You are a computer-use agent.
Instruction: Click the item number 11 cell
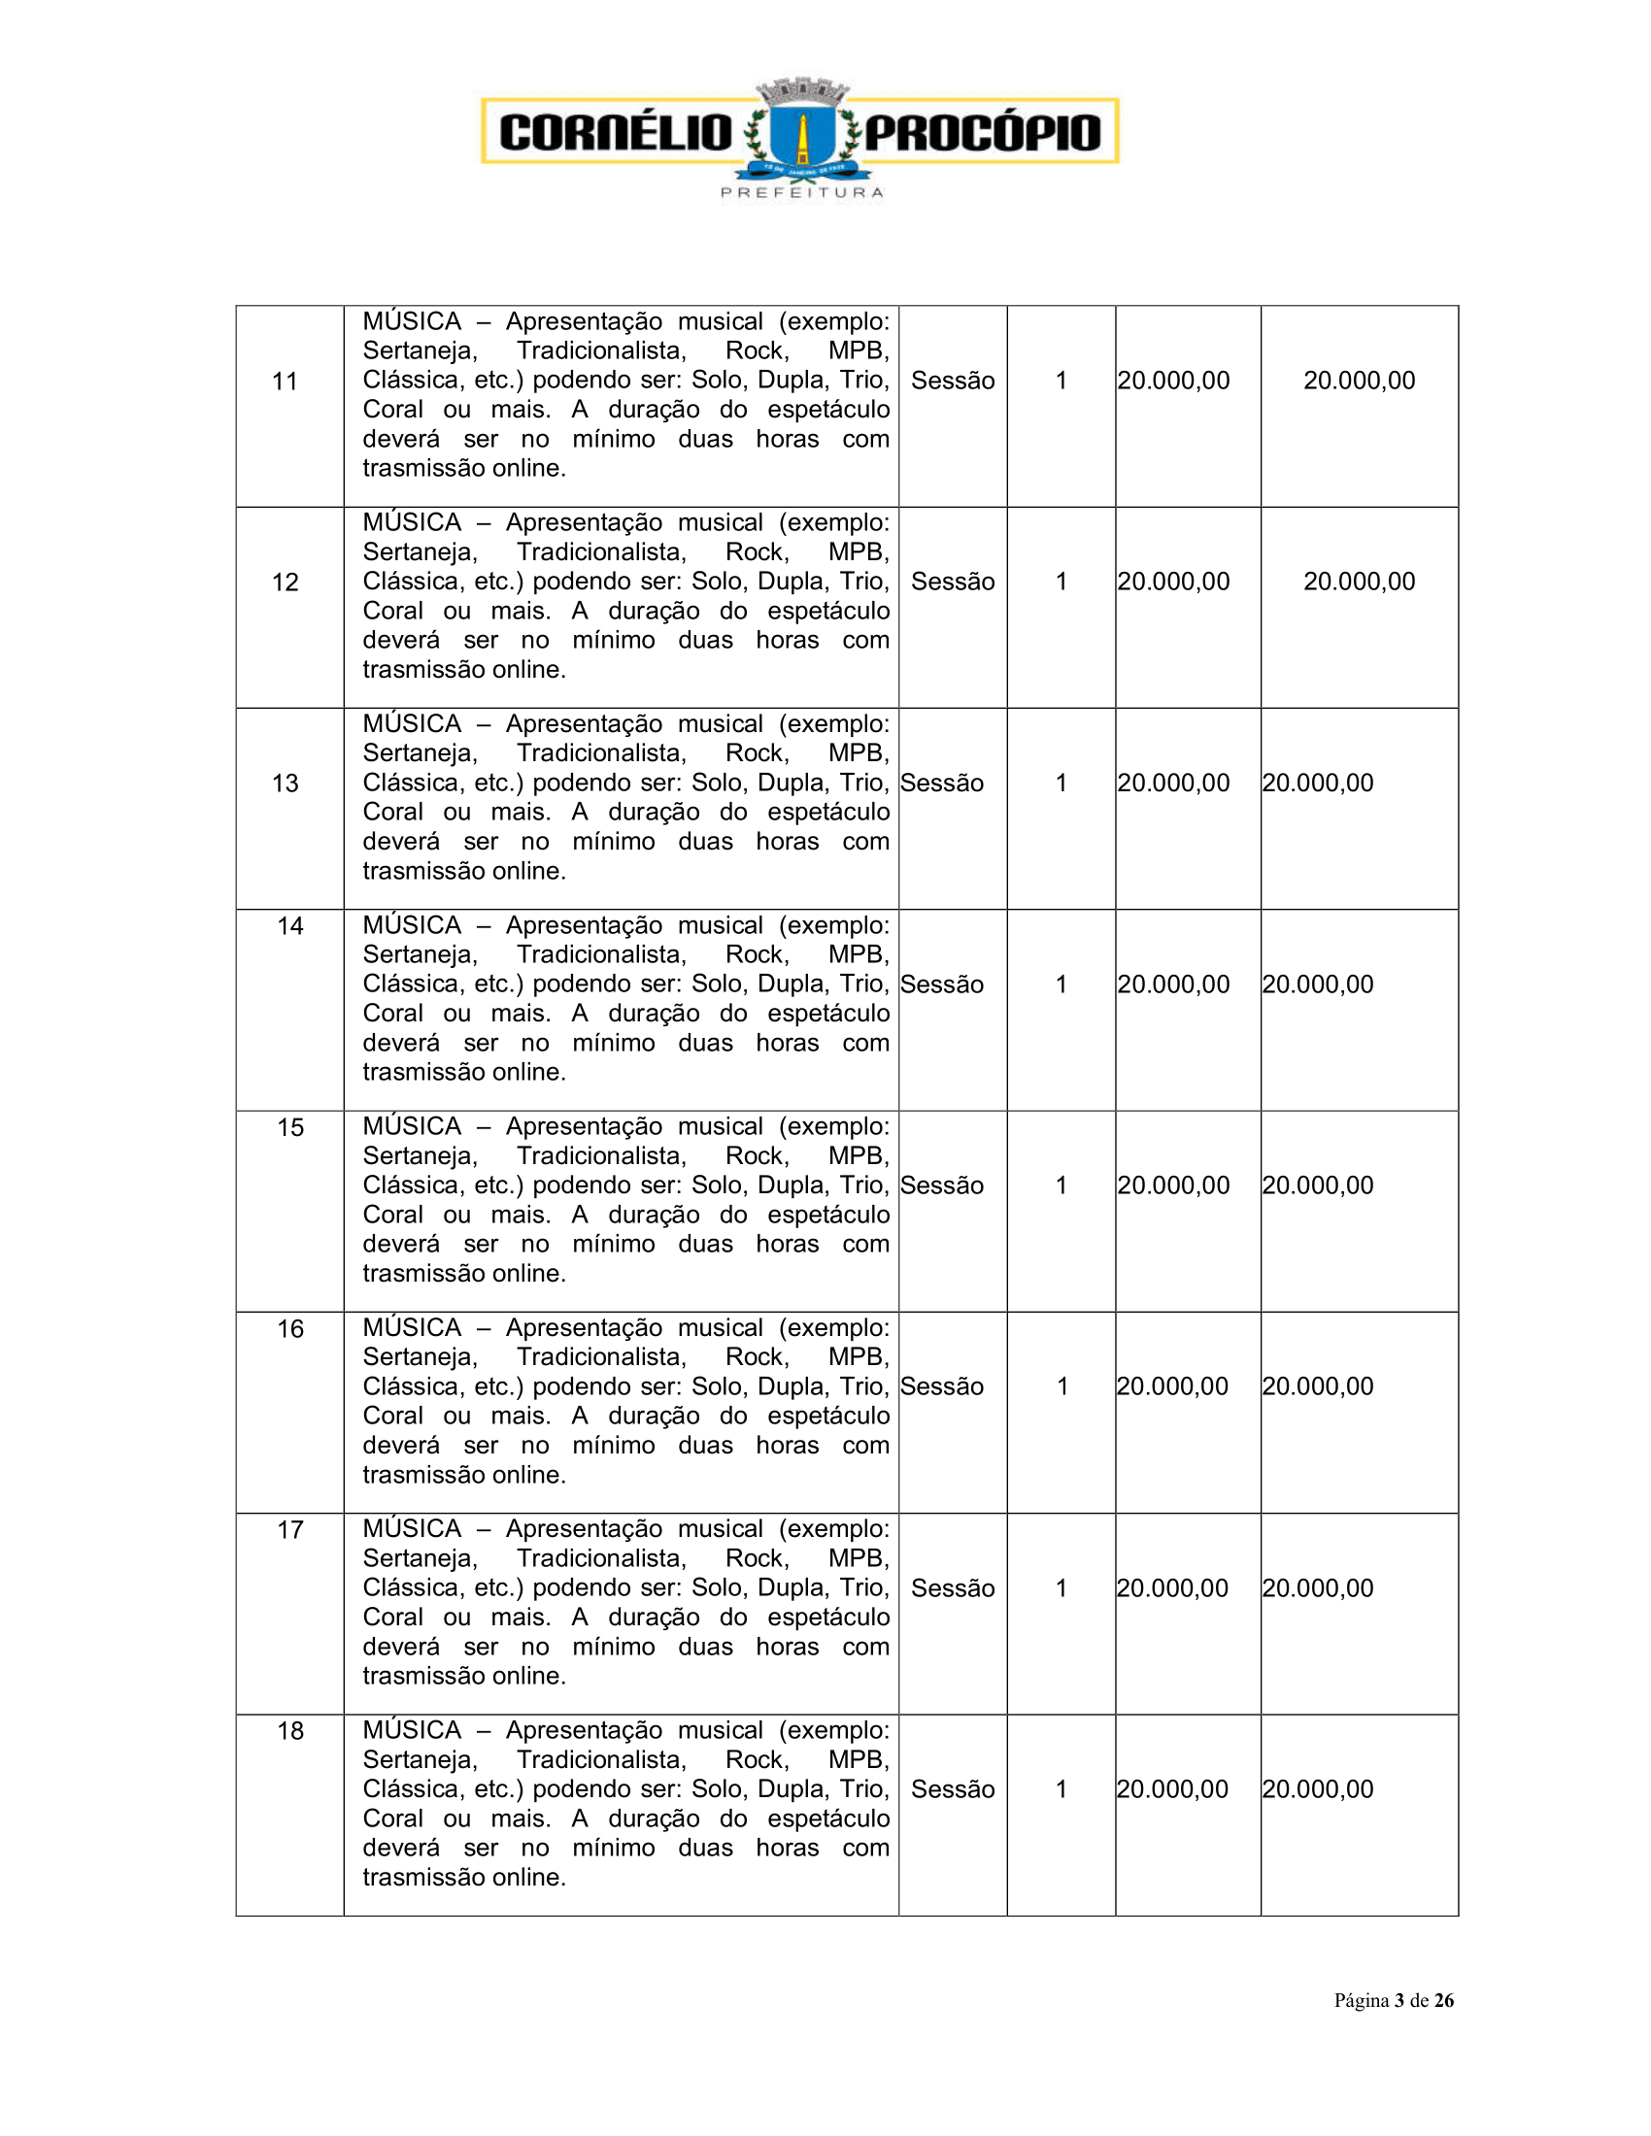pos(285,382)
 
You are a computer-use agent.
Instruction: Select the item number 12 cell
pos(285,583)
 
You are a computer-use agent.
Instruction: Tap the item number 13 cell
pos(285,784)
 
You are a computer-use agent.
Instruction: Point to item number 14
pos(290,926)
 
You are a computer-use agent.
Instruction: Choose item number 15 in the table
pos(290,1127)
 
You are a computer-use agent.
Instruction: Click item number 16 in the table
pos(290,1329)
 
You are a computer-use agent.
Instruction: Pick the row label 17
pos(290,1529)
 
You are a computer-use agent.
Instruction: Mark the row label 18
pos(290,1731)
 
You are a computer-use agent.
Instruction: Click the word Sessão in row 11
pos(953,381)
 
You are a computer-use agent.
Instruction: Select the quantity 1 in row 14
pos(1061,984)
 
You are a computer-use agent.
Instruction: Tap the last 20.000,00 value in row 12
pos(1359,581)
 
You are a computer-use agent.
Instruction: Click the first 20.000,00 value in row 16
pos(1173,1385)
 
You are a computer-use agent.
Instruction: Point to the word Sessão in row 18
pos(953,1788)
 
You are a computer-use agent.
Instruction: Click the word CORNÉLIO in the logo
pos(615,132)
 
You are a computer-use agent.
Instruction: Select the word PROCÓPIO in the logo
pos(983,132)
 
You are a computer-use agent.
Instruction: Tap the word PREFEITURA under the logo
pos(802,192)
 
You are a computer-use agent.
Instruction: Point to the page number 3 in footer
pos(1399,2000)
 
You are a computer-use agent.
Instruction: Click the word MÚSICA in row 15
pos(412,1126)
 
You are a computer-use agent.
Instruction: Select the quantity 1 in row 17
pos(1061,1587)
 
